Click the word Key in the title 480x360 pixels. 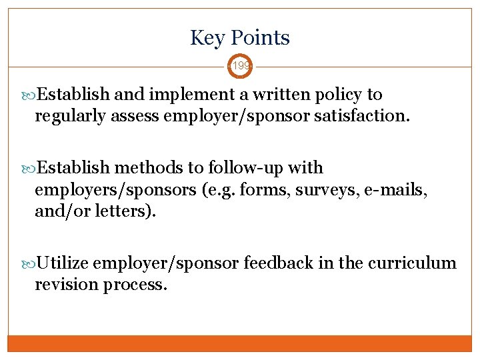(205, 38)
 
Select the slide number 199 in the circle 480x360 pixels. (240, 66)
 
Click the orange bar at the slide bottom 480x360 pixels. (240, 343)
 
